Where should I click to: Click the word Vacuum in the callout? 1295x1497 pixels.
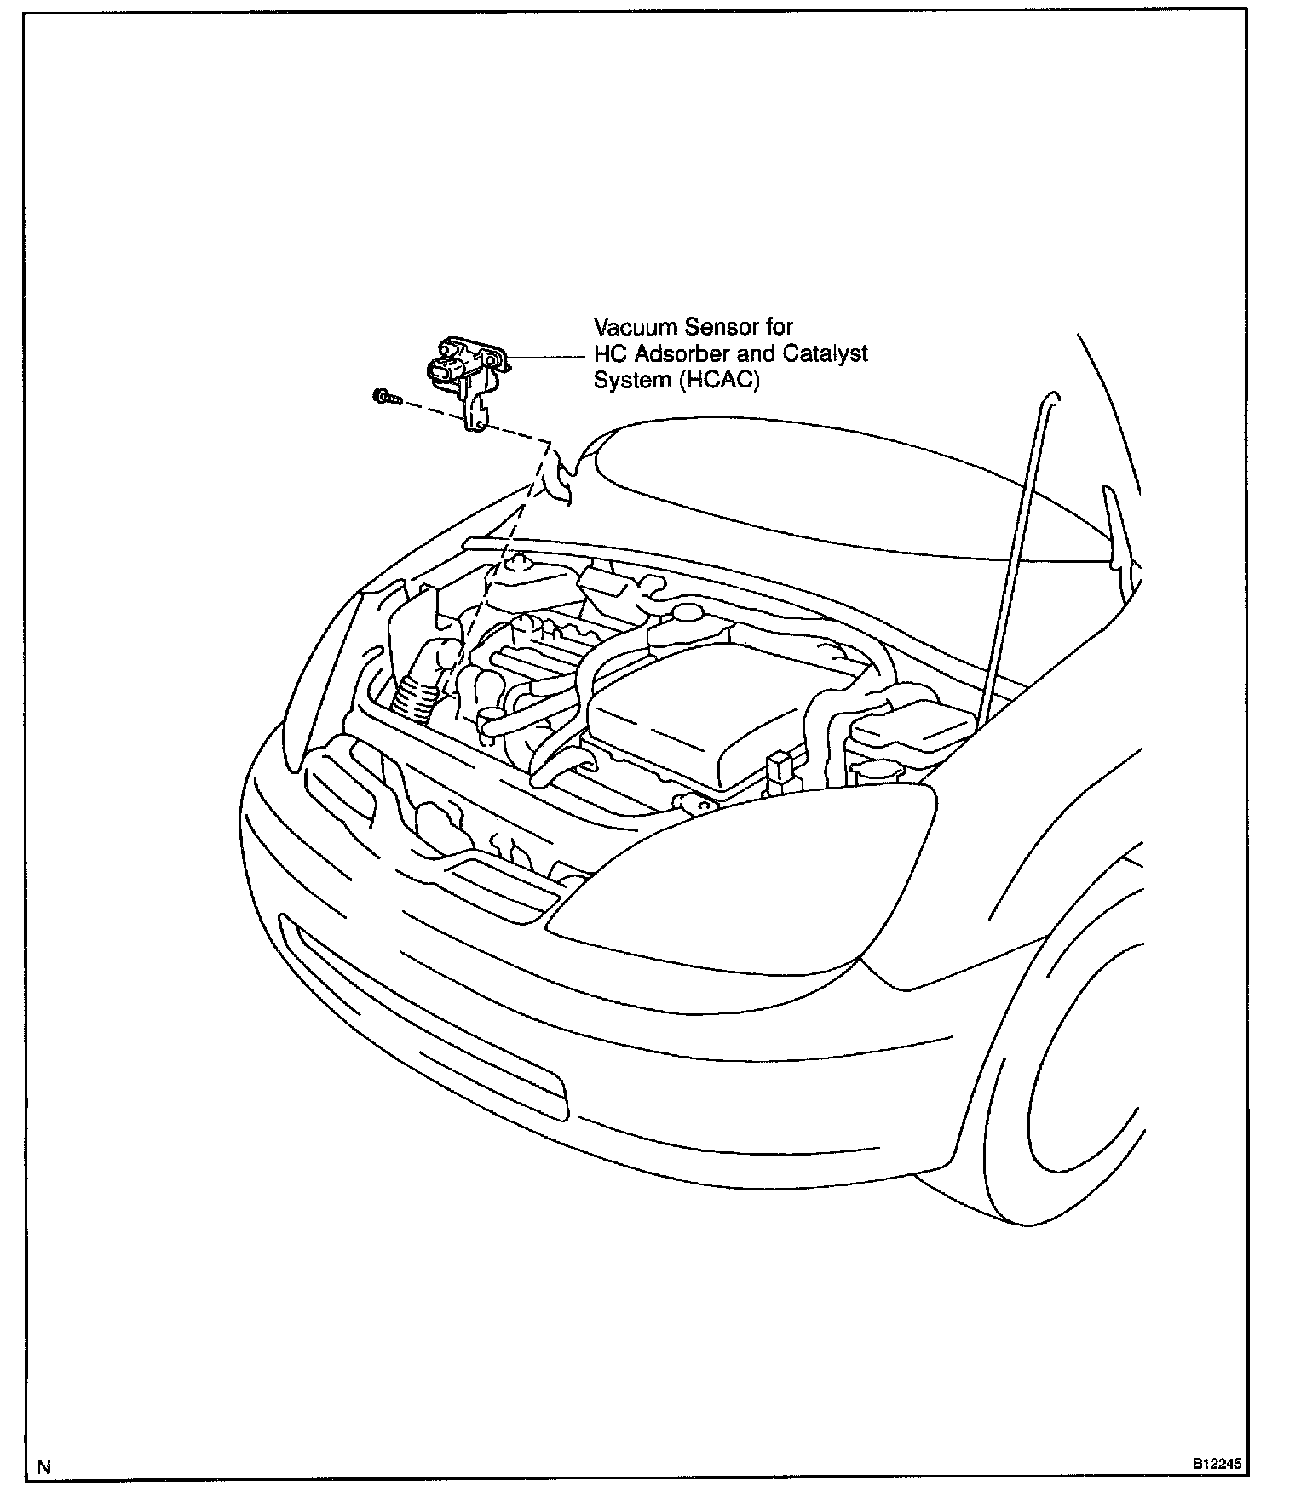tap(629, 327)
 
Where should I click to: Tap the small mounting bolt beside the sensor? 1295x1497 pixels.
tap(387, 396)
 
